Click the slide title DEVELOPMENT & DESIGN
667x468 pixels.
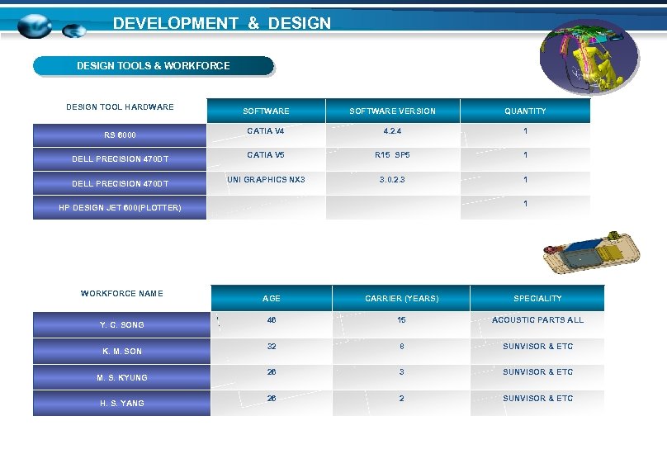(x=221, y=23)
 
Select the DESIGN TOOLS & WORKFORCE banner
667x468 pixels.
(x=153, y=65)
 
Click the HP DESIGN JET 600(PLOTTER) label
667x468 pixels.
(x=120, y=207)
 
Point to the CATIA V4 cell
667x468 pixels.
(x=265, y=130)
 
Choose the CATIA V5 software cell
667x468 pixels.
(x=265, y=154)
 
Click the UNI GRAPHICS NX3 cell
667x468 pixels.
(x=266, y=179)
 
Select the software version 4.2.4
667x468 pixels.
(x=392, y=130)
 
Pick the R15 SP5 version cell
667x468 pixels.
(x=392, y=154)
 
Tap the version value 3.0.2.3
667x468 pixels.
(x=392, y=179)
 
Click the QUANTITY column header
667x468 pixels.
(x=525, y=111)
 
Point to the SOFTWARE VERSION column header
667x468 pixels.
(x=392, y=111)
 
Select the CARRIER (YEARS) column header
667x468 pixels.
(x=401, y=298)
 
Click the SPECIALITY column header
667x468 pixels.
(x=537, y=298)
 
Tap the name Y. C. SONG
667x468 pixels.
(x=121, y=324)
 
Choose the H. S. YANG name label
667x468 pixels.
(x=121, y=403)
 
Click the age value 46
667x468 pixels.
(x=271, y=319)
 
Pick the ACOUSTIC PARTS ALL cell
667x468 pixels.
(x=537, y=319)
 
